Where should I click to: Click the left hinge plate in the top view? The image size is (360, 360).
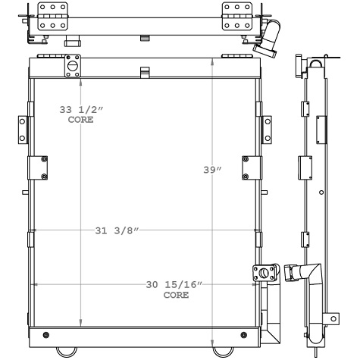(x=52, y=15)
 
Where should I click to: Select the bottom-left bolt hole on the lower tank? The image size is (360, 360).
(x=46, y=335)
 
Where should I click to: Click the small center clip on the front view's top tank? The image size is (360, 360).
(x=144, y=72)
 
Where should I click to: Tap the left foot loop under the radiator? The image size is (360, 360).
(x=67, y=351)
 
